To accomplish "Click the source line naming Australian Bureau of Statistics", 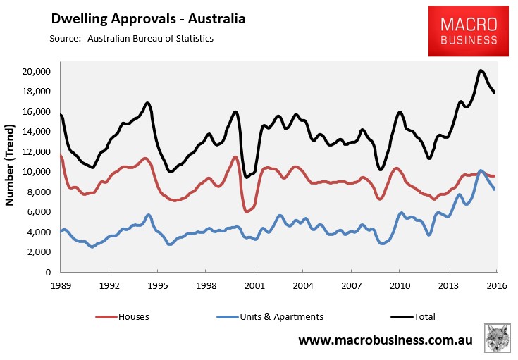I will [x=131, y=38].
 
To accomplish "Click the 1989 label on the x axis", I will [x=60, y=287].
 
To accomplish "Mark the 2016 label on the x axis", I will [x=495, y=287].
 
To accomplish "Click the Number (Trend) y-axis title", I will [x=11, y=166].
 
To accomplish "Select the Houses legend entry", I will [x=128, y=316].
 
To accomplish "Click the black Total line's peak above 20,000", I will [x=480, y=70].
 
